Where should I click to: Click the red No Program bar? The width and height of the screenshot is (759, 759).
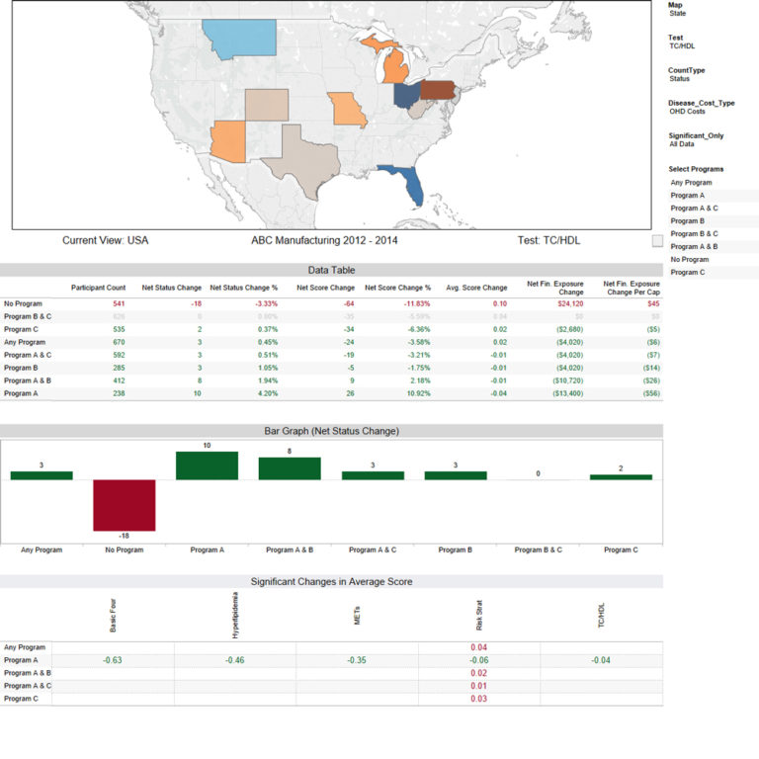coord(125,505)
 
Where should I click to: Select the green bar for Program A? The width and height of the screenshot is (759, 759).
coord(207,466)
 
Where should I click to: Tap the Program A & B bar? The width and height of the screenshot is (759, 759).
coord(290,468)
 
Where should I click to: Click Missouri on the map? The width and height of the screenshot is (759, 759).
coord(348,110)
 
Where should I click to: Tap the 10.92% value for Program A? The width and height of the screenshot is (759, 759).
coord(413,393)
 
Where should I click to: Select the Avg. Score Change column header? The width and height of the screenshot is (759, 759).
coord(476,288)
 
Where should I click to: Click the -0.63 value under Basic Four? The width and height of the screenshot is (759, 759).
coord(113,659)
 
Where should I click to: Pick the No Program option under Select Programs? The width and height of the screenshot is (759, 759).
coord(689,259)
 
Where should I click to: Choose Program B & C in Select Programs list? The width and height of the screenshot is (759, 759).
coord(694,233)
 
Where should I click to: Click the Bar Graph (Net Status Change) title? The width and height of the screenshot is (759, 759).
coord(331,432)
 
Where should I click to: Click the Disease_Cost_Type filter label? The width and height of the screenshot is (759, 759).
coord(701,103)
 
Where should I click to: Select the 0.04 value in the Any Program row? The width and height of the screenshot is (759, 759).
coord(478,646)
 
